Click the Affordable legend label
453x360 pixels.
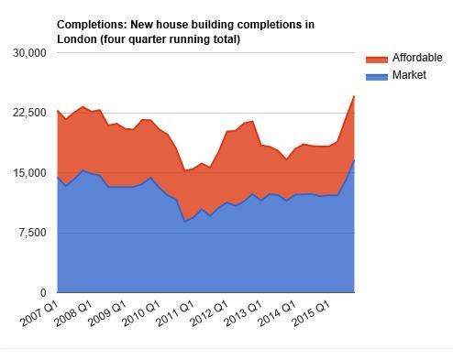tap(417, 58)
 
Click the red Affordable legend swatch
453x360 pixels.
tap(374, 58)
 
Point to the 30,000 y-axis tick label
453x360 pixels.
tap(28, 53)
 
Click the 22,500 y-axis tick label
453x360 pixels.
tap(28, 113)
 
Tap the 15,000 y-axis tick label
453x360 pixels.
tap(28, 173)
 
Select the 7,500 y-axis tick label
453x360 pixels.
tap(30, 233)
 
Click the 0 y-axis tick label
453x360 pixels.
tap(41, 292)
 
